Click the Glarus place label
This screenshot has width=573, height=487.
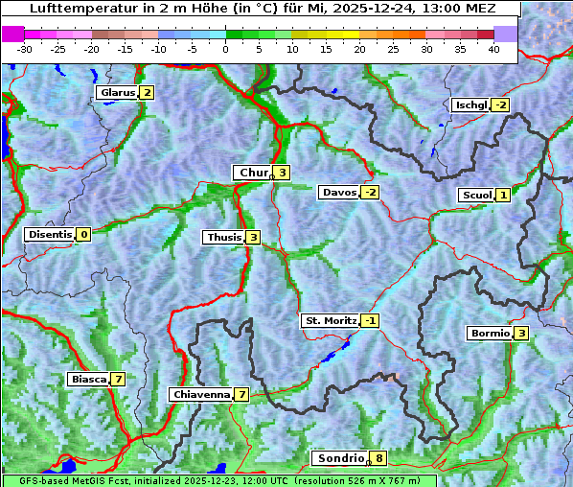point(116,93)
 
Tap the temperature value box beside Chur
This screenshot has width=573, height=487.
point(283,173)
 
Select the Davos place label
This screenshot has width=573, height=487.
point(339,193)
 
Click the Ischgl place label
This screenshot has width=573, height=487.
point(470,104)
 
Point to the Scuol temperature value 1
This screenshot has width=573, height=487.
point(503,196)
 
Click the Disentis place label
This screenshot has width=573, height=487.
point(50,234)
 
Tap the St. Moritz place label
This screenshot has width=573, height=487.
point(330,320)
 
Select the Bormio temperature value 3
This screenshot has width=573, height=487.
point(520,334)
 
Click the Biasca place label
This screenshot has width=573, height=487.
point(88,380)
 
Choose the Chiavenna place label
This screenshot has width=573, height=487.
point(200,394)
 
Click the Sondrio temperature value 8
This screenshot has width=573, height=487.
point(379,458)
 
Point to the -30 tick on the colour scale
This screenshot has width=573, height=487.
point(25,48)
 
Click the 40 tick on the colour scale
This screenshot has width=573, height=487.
point(493,48)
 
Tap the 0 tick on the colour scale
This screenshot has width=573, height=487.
point(225,48)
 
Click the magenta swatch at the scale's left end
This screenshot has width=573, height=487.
point(13,34)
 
